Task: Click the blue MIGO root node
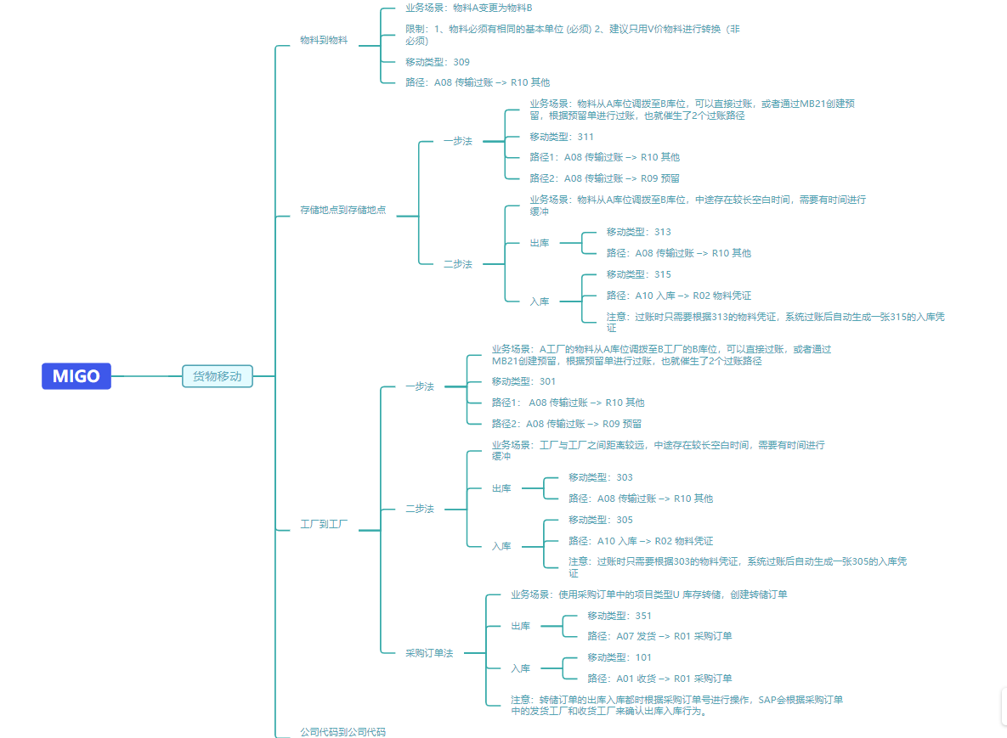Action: click(x=76, y=376)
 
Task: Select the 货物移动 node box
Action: click(x=218, y=376)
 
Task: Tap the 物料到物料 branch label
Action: click(x=324, y=40)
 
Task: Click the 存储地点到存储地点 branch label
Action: click(x=343, y=210)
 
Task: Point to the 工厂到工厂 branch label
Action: click(x=324, y=525)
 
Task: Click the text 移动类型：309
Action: click(x=437, y=62)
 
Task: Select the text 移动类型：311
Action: click(x=562, y=137)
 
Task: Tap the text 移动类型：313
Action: click(x=638, y=232)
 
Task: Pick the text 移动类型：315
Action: click(x=638, y=274)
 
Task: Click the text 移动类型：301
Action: click(x=523, y=381)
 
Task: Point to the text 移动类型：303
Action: click(x=600, y=477)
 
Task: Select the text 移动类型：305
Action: click(x=600, y=520)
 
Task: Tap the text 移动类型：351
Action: click(x=619, y=616)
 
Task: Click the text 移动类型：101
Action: click(x=619, y=657)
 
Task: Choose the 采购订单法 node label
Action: click(x=429, y=653)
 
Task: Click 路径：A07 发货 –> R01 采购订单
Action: click(x=659, y=636)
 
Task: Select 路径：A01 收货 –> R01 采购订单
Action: click(x=659, y=679)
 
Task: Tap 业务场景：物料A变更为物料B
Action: click(x=468, y=8)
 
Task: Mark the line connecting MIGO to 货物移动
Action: click(x=146, y=376)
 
